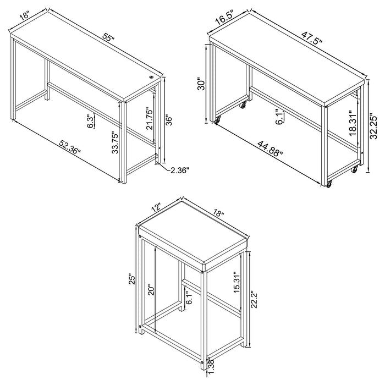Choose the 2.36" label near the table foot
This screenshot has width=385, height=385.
pyautogui.click(x=179, y=170)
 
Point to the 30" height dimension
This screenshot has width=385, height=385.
pyautogui.click(x=202, y=84)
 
